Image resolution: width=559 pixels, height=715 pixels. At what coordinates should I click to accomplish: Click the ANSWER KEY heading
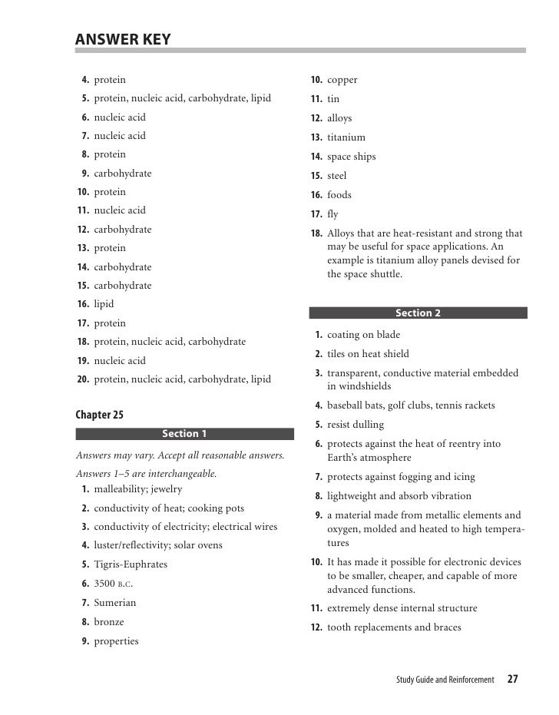[x=123, y=39]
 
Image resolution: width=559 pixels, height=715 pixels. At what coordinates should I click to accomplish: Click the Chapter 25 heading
[x=99, y=415]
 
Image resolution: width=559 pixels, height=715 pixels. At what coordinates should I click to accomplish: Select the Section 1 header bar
[x=184, y=434]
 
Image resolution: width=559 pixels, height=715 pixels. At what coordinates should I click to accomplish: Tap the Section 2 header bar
[x=418, y=313]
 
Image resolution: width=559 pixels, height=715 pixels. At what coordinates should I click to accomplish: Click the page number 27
[x=512, y=680]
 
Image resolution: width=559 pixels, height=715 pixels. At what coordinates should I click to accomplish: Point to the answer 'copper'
[x=342, y=80]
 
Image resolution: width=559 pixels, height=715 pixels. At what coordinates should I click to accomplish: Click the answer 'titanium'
[x=346, y=137]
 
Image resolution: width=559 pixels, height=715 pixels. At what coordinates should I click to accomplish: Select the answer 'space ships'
[x=352, y=157]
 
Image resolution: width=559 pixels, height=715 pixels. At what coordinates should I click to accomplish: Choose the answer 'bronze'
[x=108, y=622]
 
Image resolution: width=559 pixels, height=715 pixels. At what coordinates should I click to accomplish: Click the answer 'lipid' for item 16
[x=104, y=304]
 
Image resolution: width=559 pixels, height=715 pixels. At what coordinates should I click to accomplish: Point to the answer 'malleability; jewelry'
[x=137, y=489]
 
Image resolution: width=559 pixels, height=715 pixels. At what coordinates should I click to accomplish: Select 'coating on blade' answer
[x=363, y=335]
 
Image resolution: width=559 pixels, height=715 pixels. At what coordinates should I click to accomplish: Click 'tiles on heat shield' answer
[x=368, y=354]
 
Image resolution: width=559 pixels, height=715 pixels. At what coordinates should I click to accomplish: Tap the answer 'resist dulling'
[x=356, y=425]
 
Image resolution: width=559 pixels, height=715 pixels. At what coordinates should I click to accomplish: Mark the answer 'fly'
[x=332, y=214]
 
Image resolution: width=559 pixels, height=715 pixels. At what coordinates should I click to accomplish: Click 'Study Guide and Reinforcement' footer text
[x=445, y=680]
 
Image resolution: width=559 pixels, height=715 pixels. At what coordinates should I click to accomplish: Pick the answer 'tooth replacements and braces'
[x=394, y=627]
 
